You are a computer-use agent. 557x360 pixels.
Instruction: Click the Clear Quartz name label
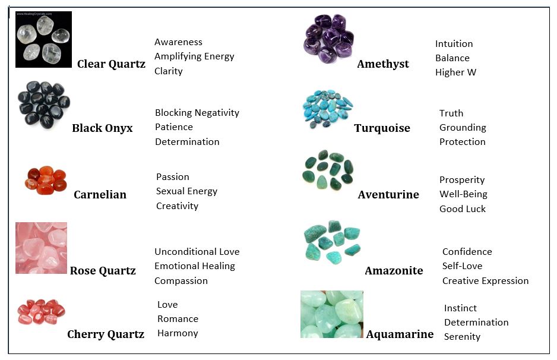click(x=111, y=64)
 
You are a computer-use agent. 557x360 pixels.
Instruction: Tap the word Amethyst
click(x=383, y=64)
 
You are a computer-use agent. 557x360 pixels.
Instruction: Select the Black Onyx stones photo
click(x=44, y=104)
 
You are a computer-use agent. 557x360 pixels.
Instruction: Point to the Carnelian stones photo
click(x=46, y=180)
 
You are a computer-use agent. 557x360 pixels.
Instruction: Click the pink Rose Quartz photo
click(x=41, y=248)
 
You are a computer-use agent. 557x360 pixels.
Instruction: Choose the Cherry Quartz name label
click(x=106, y=334)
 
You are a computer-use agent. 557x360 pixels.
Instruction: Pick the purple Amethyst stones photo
click(x=329, y=39)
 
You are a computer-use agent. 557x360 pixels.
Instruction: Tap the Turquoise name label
click(x=382, y=128)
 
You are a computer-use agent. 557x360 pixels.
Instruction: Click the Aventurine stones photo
click(x=328, y=170)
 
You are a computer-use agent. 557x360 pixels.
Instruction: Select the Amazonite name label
click(x=394, y=270)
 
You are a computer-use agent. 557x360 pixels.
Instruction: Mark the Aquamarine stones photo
click(x=332, y=314)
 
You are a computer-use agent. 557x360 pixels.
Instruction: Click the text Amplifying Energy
click(x=194, y=56)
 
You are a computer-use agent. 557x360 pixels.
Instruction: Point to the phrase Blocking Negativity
click(x=197, y=113)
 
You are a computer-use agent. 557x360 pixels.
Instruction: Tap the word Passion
click(x=173, y=176)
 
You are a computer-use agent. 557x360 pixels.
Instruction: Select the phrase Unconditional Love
click(x=197, y=252)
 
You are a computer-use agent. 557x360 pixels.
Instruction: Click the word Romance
click(x=178, y=319)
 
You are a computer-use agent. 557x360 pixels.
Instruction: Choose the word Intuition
click(x=454, y=44)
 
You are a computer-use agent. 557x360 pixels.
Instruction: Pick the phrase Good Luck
click(x=463, y=209)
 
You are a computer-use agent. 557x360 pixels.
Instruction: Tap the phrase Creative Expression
click(x=485, y=281)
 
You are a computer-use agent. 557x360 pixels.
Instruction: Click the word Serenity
click(x=462, y=337)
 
